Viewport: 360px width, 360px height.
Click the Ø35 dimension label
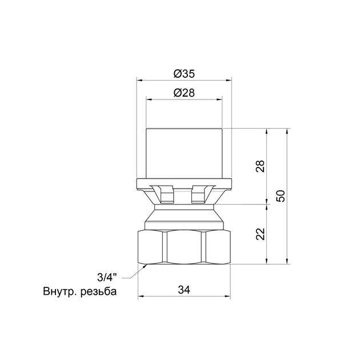tap(184, 74)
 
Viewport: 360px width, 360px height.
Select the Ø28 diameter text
tap(184, 93)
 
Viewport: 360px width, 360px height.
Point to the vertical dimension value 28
tap(261, 166)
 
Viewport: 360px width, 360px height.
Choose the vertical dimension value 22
tap(261, 234)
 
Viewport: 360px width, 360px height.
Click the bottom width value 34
tap(184, 290)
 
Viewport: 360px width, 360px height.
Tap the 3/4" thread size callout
tap(107, 278)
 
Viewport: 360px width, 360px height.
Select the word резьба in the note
tap(98, 292)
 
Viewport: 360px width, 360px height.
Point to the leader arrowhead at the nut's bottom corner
tap(145, 266)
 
